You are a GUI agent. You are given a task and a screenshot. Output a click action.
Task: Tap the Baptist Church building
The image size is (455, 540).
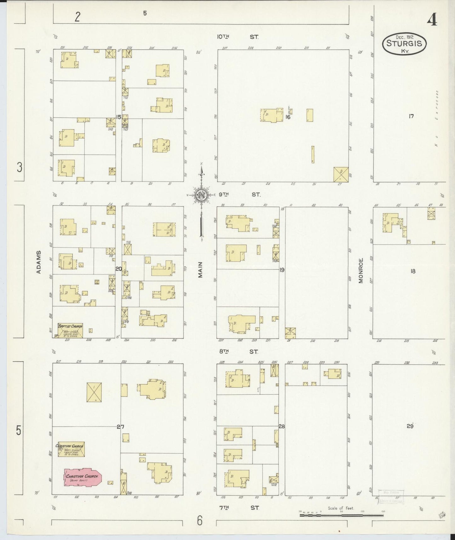(x=70, y=330)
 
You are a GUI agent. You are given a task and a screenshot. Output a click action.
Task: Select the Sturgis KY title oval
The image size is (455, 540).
(x=404, y=44)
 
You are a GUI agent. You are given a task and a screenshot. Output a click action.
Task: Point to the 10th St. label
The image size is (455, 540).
(x=238, y=37)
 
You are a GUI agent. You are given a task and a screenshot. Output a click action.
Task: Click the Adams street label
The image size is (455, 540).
(x=39, y=262)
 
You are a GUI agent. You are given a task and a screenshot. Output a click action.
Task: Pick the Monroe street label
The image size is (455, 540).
(x=361, y=271)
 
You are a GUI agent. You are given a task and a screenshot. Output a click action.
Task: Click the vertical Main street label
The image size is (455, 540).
(x=200, y=270)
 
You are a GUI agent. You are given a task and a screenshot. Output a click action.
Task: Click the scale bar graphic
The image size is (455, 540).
(x=341, y=515)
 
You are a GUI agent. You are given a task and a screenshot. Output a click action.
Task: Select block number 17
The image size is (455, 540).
(x=411, y=116)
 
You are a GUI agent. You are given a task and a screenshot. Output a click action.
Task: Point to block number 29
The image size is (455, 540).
(x=410, y=426)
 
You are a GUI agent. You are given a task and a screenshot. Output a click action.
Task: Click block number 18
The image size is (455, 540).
(x=413, y=271)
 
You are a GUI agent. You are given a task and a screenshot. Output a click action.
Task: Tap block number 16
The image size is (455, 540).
(x=287, y=117)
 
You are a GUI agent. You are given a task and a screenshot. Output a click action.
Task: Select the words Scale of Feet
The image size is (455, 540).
(x=341, y=508)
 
